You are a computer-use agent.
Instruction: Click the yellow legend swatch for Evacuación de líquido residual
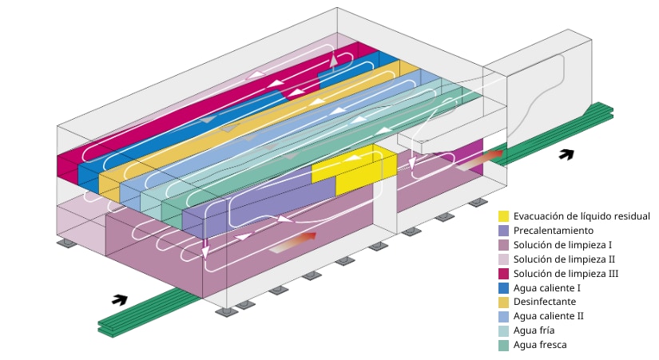click(503, 216)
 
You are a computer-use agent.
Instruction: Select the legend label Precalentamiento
click(553, 231)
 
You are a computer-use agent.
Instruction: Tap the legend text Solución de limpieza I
click(562, 245)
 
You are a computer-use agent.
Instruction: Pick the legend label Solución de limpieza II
click(564, 259)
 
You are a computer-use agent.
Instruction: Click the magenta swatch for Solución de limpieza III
click(503, 274)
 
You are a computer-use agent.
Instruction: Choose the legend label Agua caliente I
click(547, 288)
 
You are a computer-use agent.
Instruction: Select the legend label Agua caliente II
click(549, 316)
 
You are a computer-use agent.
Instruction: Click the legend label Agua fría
click(534, 330)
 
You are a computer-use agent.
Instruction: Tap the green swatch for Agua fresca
click(503, 346)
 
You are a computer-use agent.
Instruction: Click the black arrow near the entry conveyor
click(120, 300)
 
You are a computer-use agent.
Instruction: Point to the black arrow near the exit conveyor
click(566, 155)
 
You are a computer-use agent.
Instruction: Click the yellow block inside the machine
click(355, 169)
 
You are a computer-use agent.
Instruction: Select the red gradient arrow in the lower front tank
click(293, 243)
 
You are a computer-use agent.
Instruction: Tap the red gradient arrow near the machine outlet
click(479, 160)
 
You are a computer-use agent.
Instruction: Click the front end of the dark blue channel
click(88, 178)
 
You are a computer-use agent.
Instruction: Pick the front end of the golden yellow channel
click(109, 186)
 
